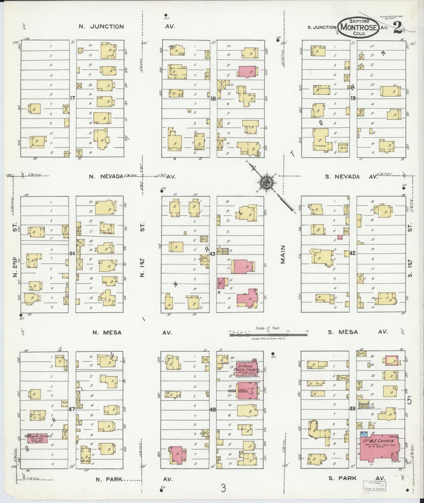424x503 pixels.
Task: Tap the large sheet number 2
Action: (x=398, y=28)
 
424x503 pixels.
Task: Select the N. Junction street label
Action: (x=101, y=26)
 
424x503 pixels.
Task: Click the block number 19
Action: (x=353, y=98)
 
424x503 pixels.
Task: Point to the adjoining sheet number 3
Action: (x=224, y=489)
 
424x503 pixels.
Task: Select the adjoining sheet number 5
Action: (x=410, y=400)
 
